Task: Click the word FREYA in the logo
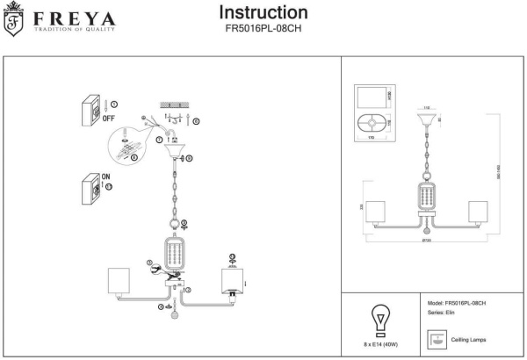62,18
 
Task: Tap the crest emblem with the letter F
13,22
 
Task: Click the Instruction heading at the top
263,13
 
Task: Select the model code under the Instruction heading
263,29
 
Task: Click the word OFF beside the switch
110,117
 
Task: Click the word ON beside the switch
106,177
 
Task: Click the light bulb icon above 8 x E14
380,316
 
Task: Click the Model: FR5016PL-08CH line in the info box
456,302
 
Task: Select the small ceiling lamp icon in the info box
435,338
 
